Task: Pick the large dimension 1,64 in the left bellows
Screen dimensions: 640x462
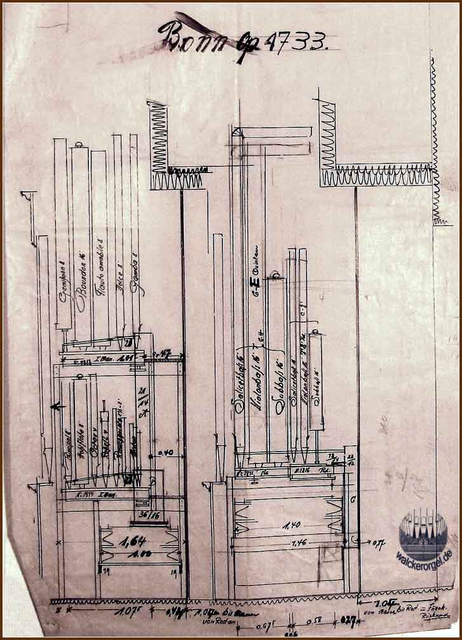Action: [132, 541]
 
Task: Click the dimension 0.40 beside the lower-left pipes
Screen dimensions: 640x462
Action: [167, 453]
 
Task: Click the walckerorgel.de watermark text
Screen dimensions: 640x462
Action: [424, 555]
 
